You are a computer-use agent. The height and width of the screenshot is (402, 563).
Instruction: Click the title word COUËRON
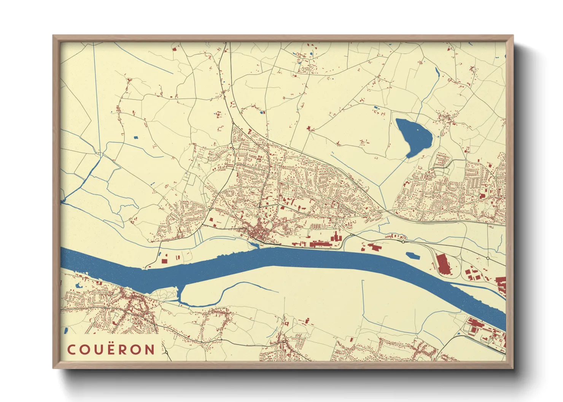(x=111, y=350)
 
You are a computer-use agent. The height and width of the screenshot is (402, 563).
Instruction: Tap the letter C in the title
(x=71, y=350)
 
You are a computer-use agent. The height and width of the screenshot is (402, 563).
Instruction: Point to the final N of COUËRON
(x=150, y=350)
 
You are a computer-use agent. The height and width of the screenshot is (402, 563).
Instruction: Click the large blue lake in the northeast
(x=413, y=136)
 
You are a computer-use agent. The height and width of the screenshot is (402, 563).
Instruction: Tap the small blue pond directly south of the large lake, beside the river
(x=413, y=256)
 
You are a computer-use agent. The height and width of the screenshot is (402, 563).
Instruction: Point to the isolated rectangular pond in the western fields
(x=136, y=138)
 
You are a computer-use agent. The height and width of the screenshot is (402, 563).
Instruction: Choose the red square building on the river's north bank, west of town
(x=164, y=261)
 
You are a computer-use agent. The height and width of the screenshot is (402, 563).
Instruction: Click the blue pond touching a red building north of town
(x=261, y=112)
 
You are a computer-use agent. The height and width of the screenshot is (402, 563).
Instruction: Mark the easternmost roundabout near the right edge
(x=488, y=258)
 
